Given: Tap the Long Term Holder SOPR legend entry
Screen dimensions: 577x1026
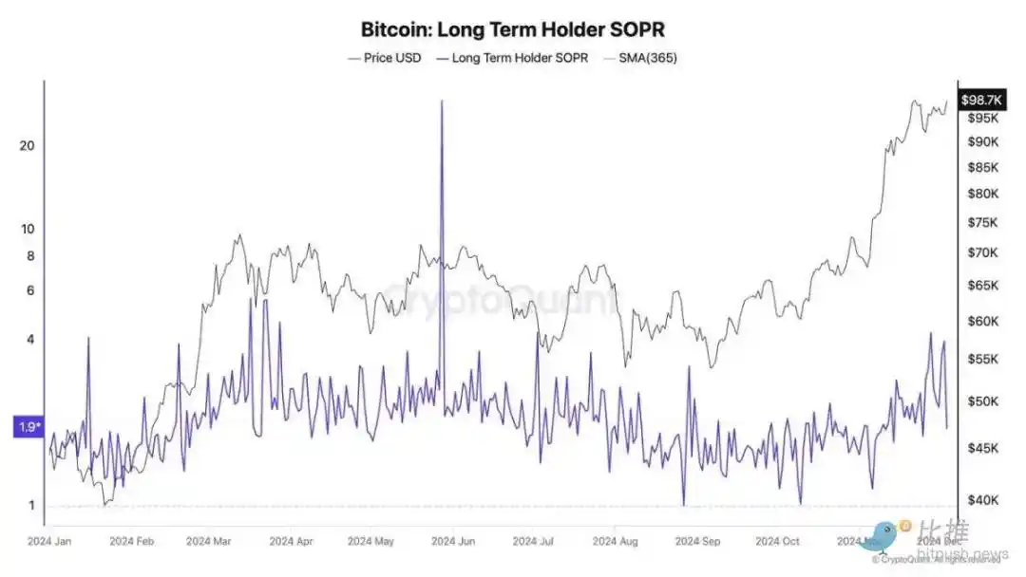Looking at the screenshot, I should [512, 58].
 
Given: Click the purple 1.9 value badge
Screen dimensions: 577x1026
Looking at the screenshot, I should [27, 427].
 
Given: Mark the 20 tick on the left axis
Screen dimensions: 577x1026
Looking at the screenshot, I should [27, 145].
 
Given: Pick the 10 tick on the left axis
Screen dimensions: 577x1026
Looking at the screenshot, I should [27, 229].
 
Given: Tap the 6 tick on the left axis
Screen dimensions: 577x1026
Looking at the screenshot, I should [29, 290].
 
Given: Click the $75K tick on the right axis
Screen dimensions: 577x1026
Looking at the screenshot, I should [983, 223].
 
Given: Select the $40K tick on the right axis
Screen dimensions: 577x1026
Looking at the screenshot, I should [983, 500].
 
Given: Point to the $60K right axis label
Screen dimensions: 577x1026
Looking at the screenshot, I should [983, 322].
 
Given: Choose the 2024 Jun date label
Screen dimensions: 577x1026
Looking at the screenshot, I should [454, 542].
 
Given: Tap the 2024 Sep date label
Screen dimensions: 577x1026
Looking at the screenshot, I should [697, 542].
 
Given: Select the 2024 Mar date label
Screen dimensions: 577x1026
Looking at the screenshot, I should [209, 542].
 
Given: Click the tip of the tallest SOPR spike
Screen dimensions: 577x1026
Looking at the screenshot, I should [442, 100].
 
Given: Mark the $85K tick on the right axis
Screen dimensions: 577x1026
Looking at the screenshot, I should [983, 168].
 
